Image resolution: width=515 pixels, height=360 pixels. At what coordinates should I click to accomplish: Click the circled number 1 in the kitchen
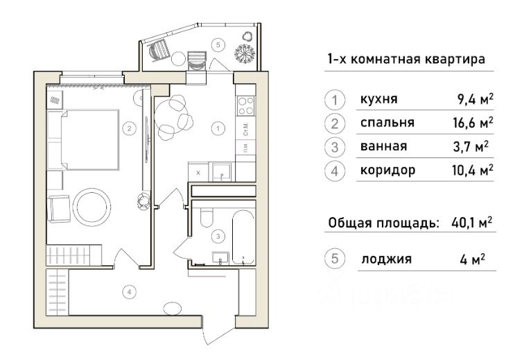click(x=218, y=128)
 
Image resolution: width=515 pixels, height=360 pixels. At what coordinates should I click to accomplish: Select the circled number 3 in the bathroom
click(x=218, y=237)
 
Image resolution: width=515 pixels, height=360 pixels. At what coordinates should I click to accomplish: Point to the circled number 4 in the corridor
click(x=128, y=292)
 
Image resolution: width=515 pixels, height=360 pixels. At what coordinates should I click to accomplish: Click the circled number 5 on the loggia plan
click(x=218, y=45)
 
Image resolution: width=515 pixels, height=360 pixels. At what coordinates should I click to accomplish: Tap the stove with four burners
click(x=245, y=105)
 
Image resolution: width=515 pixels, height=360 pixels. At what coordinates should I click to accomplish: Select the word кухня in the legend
click(x=378, y=100)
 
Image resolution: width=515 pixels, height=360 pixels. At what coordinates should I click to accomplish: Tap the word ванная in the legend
click(x=383, y=146)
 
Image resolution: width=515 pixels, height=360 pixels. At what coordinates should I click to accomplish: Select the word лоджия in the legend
click(x=386, y=259)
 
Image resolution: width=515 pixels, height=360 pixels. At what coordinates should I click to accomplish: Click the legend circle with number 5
click(x=335, y=259)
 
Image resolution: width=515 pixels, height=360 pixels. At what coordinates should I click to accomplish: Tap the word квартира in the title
click(x=454, y=60)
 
